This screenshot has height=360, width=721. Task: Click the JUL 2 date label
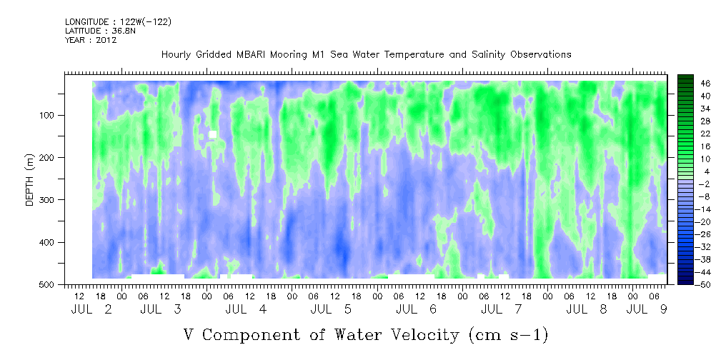(x=91, y=309)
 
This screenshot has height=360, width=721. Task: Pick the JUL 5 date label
(x=331, y=309)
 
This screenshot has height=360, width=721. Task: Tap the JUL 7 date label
(x=502, y=309)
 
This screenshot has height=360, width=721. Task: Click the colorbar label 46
(x=693, y=84)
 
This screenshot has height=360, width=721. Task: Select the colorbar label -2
(x=692, y=184)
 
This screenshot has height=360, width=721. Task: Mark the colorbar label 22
(x=693, y=136)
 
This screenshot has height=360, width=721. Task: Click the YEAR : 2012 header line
(x=91, y=40)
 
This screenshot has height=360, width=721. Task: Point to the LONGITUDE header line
(x=119, y=22)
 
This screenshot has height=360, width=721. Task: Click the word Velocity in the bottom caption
(x=419, y=335)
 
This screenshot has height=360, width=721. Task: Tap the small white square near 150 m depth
(x=212, y=134)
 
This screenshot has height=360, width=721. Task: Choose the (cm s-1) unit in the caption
(x=508, y=335)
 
